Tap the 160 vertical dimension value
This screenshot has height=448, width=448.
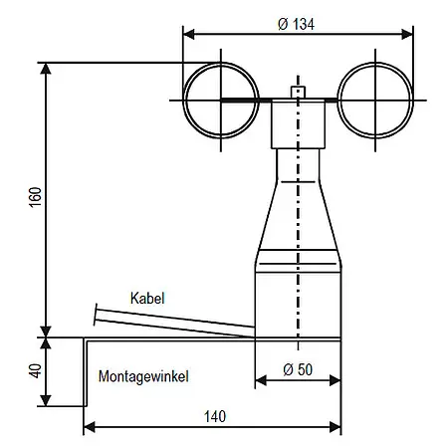click(x=35, y=197)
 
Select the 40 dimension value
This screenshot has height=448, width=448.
click(x=35, y=371)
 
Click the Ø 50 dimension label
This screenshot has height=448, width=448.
click(x=298, y=368)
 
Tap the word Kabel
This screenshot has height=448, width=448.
click(x=146, y=298)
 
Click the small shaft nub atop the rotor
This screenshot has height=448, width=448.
click(x=297, y=93)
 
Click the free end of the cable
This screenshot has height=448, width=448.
click(x=97, y=315)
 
